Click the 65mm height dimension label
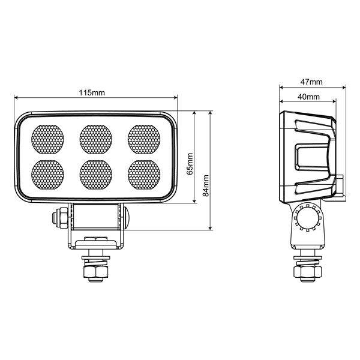click(x=190, y=163)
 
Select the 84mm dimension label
click(x=206, y=185)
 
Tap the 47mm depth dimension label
click(x=311, y=82)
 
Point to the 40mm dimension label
click(x=307, y=97)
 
